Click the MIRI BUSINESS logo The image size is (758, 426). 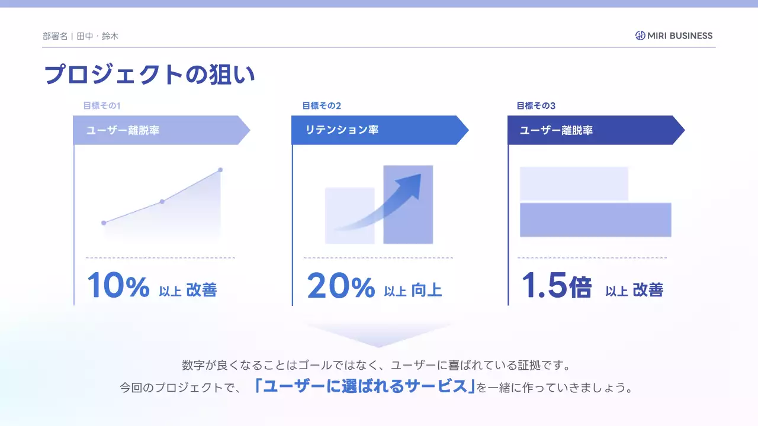tap(674, 35)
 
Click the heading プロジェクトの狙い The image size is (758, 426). tap(149, 75)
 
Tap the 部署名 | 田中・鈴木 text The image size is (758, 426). tap(81, 36)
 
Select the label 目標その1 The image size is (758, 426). tap(102, 106)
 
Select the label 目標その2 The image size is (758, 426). tap(322, 106)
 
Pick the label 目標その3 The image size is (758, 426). tap(536, 106)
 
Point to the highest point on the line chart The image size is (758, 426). tap(220, 170)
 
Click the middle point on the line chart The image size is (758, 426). tap(162, 202)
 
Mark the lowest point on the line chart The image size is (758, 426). tap(104, 223)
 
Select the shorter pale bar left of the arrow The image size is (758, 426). tap(349, 215)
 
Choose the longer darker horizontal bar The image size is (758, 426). tap(595, 220)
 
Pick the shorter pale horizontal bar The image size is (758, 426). tap(574, 183)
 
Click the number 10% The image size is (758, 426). tap(118, 286)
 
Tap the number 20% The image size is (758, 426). tap(341, 286)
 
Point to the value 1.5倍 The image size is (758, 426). tap(557, 286)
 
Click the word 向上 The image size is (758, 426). tap(426, 290)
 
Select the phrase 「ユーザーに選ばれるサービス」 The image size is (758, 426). tap(364, 387)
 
